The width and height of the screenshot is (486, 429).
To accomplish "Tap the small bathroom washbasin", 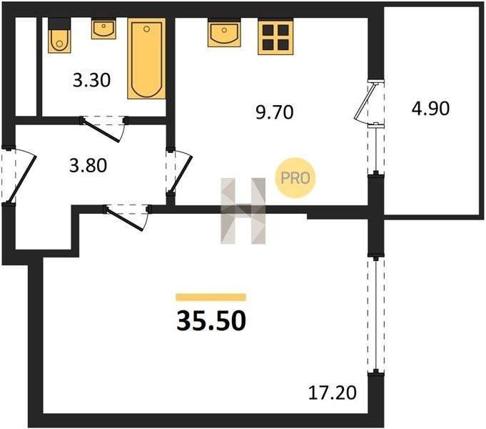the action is click(x=103, y=29).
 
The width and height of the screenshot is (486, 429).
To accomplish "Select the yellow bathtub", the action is click(x=146, y=59).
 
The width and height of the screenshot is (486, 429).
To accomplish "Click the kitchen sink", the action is click(x=224, y=33).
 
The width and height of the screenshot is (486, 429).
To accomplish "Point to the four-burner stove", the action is click(x=275, y=36).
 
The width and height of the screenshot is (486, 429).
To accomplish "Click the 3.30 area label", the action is click(x=91, y=80).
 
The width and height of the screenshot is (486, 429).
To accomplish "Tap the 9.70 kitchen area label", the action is click(x=274, y=112).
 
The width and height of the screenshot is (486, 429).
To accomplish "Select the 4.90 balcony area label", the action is click(x=430, y=109).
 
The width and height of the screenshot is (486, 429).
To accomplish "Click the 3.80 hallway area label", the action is click(x=88, y=165).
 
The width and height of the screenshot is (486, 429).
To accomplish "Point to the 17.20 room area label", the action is click(x=333, y=393).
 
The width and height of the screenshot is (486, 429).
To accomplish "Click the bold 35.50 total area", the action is click(x=211, y=321).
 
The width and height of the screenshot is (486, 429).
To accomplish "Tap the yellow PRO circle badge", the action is click(x=295, y=178).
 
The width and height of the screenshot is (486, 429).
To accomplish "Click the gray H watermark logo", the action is click(x=243, y=211).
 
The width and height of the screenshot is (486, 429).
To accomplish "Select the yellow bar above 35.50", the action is click(x=211, y=297).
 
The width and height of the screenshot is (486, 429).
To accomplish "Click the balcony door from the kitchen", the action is click(x=365, y=102).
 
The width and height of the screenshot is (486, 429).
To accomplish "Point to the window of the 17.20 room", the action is click(x=375, y=315).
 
